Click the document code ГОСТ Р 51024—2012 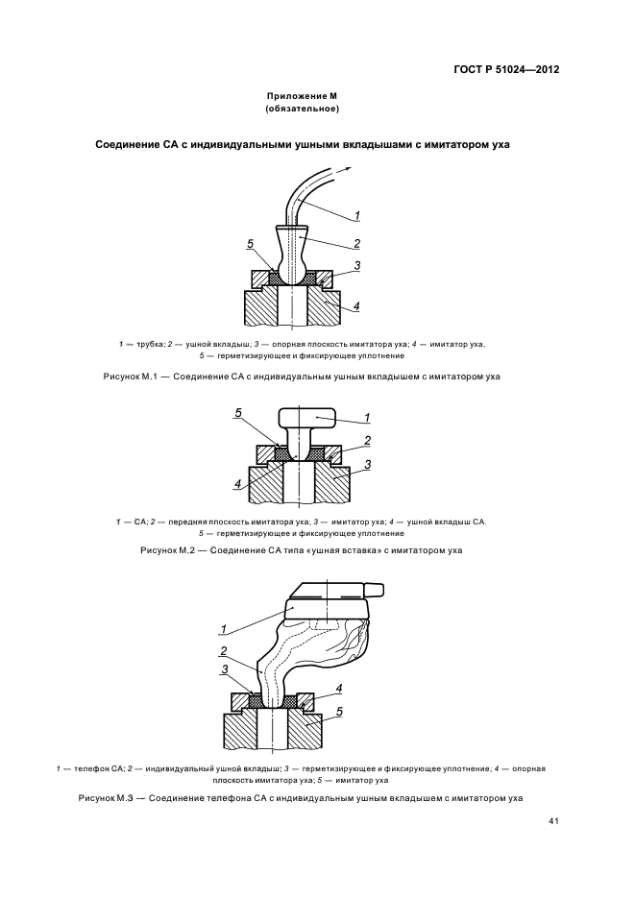click(507, 70)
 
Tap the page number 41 click(554, 821)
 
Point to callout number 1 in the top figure click(357, 214)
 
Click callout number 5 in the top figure click(249, 243)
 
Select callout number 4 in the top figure click(356, 306)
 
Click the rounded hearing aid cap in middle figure click(307, 418)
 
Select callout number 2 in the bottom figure click(223, 650)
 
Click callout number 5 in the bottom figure click(339, 712)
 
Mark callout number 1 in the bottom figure click(223, 629)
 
